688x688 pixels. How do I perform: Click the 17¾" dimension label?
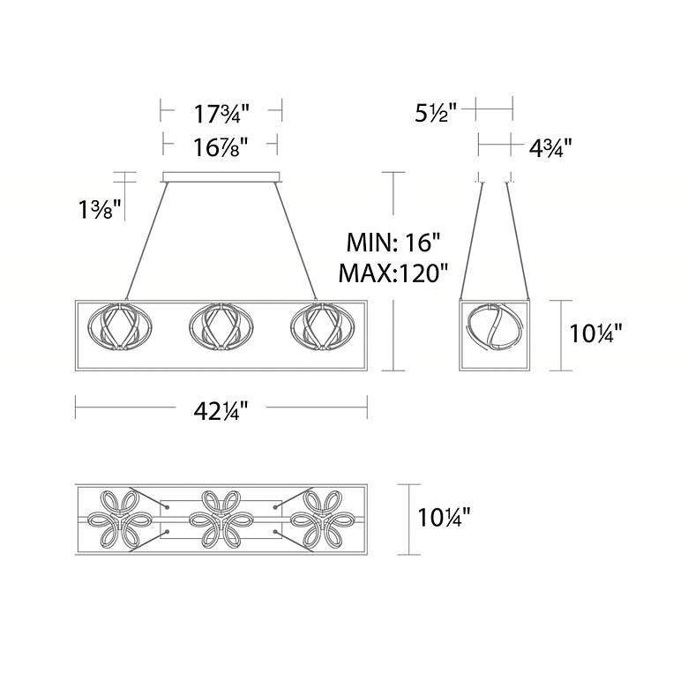(x=221, y=114)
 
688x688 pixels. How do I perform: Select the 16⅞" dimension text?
(x=221, y=147)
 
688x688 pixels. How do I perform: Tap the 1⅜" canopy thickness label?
(x=100, y=209)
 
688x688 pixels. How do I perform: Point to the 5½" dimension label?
(x=436, y=113)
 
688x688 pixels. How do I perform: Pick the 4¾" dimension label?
(x=550, y=148)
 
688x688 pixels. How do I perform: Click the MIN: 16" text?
(x=393, y=243)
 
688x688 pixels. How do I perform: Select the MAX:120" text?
(x=393, y=273)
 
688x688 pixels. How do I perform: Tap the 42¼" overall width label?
(x=221, y=411)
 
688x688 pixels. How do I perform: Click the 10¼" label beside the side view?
(x=595, y=333)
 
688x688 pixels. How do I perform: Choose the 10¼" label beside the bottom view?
(x=444, y=517)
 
